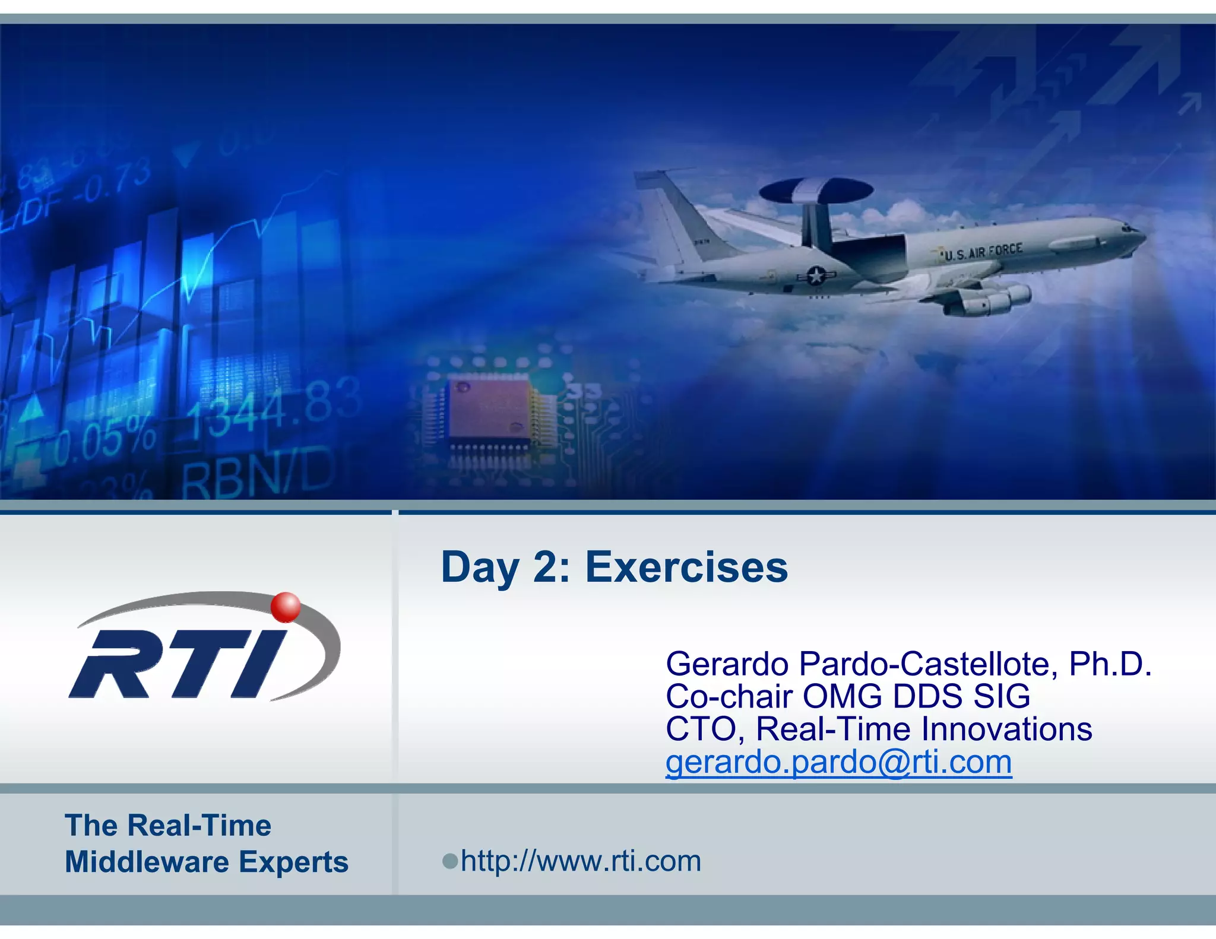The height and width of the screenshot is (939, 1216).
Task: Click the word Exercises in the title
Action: point(686,567)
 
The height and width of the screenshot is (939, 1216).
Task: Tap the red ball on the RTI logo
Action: point(286,607)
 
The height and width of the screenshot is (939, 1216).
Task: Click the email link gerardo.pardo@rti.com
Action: point(838,762)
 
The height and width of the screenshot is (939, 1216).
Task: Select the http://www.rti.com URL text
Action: point(581,861)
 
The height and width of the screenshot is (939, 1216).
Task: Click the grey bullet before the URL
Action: point(450,861)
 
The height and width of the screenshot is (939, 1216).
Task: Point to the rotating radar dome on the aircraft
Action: point(816,191)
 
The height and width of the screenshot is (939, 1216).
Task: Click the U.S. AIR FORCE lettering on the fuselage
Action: point(983,252)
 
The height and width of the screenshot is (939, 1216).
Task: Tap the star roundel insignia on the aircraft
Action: point(816,275)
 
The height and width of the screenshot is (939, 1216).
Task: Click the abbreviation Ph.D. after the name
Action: point(1110,664)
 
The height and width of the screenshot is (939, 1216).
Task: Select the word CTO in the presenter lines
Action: point(701,729)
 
